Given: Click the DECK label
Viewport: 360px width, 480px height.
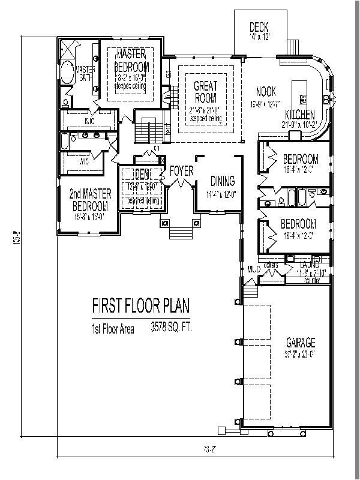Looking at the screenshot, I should coord(259,27).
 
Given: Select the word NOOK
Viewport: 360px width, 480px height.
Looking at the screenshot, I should coord(265,92).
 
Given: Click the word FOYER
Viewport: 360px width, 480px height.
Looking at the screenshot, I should coord(181,172).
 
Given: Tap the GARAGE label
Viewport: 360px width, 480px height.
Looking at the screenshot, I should coord(300,343).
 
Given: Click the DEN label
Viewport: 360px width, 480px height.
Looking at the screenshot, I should coord(143,175).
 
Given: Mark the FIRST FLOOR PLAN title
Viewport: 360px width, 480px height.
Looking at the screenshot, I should coord(140,307).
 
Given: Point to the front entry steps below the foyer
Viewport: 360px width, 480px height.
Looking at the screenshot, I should coord(179,231).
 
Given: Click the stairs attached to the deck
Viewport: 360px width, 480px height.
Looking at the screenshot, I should coord(292,46).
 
